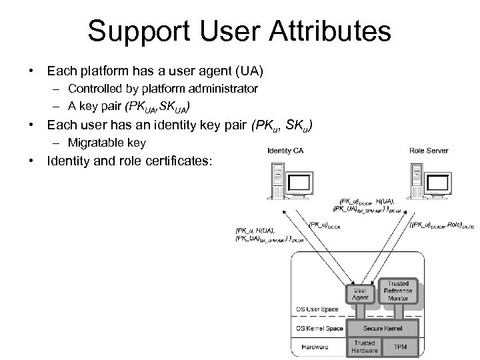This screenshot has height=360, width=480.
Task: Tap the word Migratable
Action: tap(93, 143)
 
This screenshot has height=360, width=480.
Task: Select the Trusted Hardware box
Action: tap(364, 347)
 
